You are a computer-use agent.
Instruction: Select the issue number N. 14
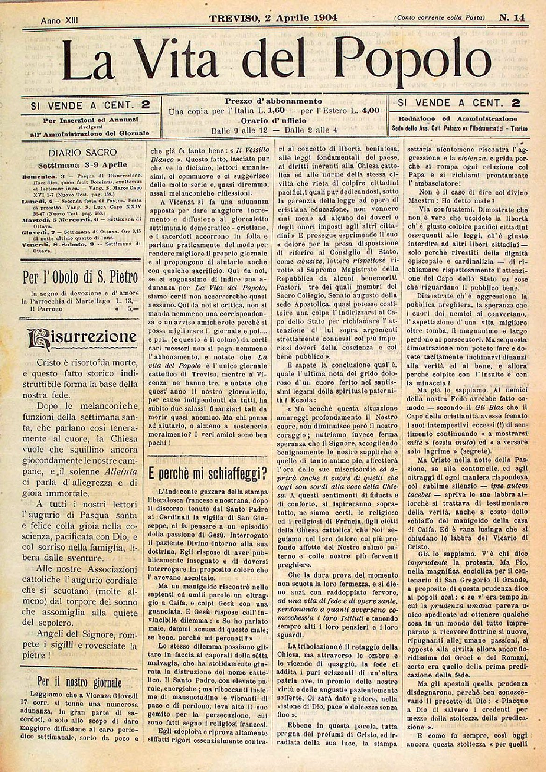511,18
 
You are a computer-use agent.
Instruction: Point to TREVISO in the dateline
231,18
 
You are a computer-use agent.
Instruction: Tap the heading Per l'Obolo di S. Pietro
80,278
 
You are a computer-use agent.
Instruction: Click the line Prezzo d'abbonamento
273,101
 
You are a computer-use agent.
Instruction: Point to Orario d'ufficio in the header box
274,121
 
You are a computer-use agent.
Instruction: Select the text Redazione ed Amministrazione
458,119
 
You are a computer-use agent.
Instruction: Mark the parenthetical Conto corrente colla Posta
440,18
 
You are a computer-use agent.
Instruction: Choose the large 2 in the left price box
146,104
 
